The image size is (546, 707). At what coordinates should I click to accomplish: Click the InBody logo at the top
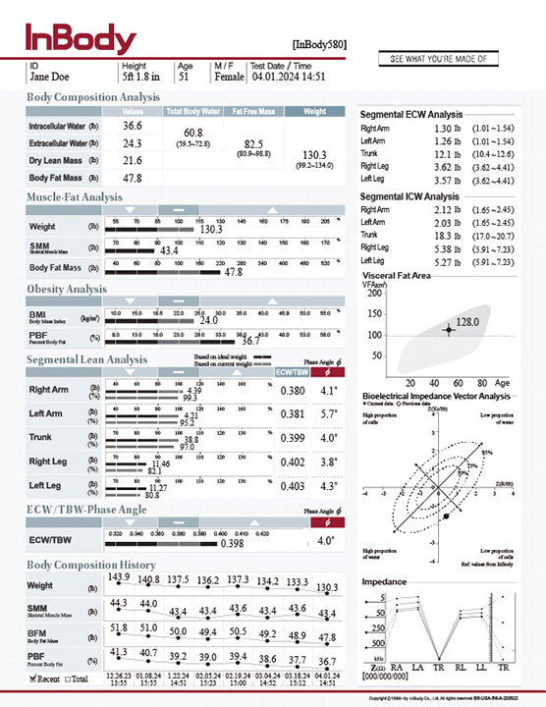point(81,38)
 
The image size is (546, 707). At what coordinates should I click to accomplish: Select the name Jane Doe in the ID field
point(50,76)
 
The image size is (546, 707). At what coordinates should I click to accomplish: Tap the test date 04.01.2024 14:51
point(288,76)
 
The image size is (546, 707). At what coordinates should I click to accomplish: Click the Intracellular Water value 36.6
point(133,126)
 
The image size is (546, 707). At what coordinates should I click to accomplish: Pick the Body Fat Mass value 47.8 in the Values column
point(133,178)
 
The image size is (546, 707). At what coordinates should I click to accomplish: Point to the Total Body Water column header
point(193,111)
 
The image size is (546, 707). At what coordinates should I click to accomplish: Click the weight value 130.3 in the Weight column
point(314,155)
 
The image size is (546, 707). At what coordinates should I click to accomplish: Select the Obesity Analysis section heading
point(67,289)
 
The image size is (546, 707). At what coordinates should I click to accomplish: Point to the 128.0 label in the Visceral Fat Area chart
point(466,322)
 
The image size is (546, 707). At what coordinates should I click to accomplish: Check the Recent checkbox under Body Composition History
point(35,678)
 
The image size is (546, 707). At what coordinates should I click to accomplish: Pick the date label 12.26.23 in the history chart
point(119,676)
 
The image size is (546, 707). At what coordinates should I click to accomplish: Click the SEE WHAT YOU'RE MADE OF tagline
point(438,59)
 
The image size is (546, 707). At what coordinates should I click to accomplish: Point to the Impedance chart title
point(385,581)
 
